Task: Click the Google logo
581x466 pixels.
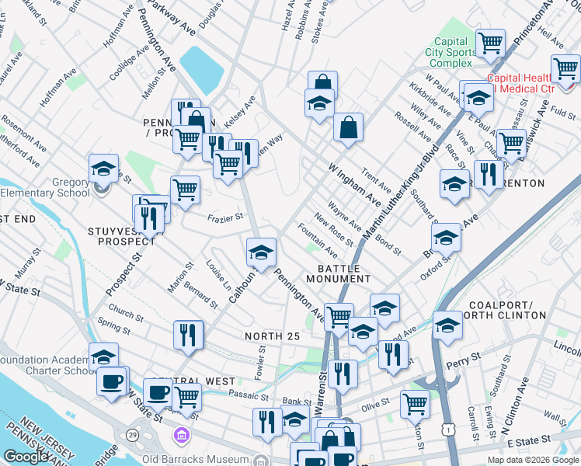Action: pos(26,457)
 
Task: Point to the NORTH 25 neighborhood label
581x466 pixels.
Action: pos(271,336)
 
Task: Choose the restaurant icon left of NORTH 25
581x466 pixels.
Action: pos(188,334)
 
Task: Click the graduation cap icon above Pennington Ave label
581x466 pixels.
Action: pos(261,251)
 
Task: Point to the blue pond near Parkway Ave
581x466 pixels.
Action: pos(201,68)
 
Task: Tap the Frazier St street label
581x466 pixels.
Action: pos(227,218)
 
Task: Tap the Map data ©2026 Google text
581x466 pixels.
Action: pos(532,460)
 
